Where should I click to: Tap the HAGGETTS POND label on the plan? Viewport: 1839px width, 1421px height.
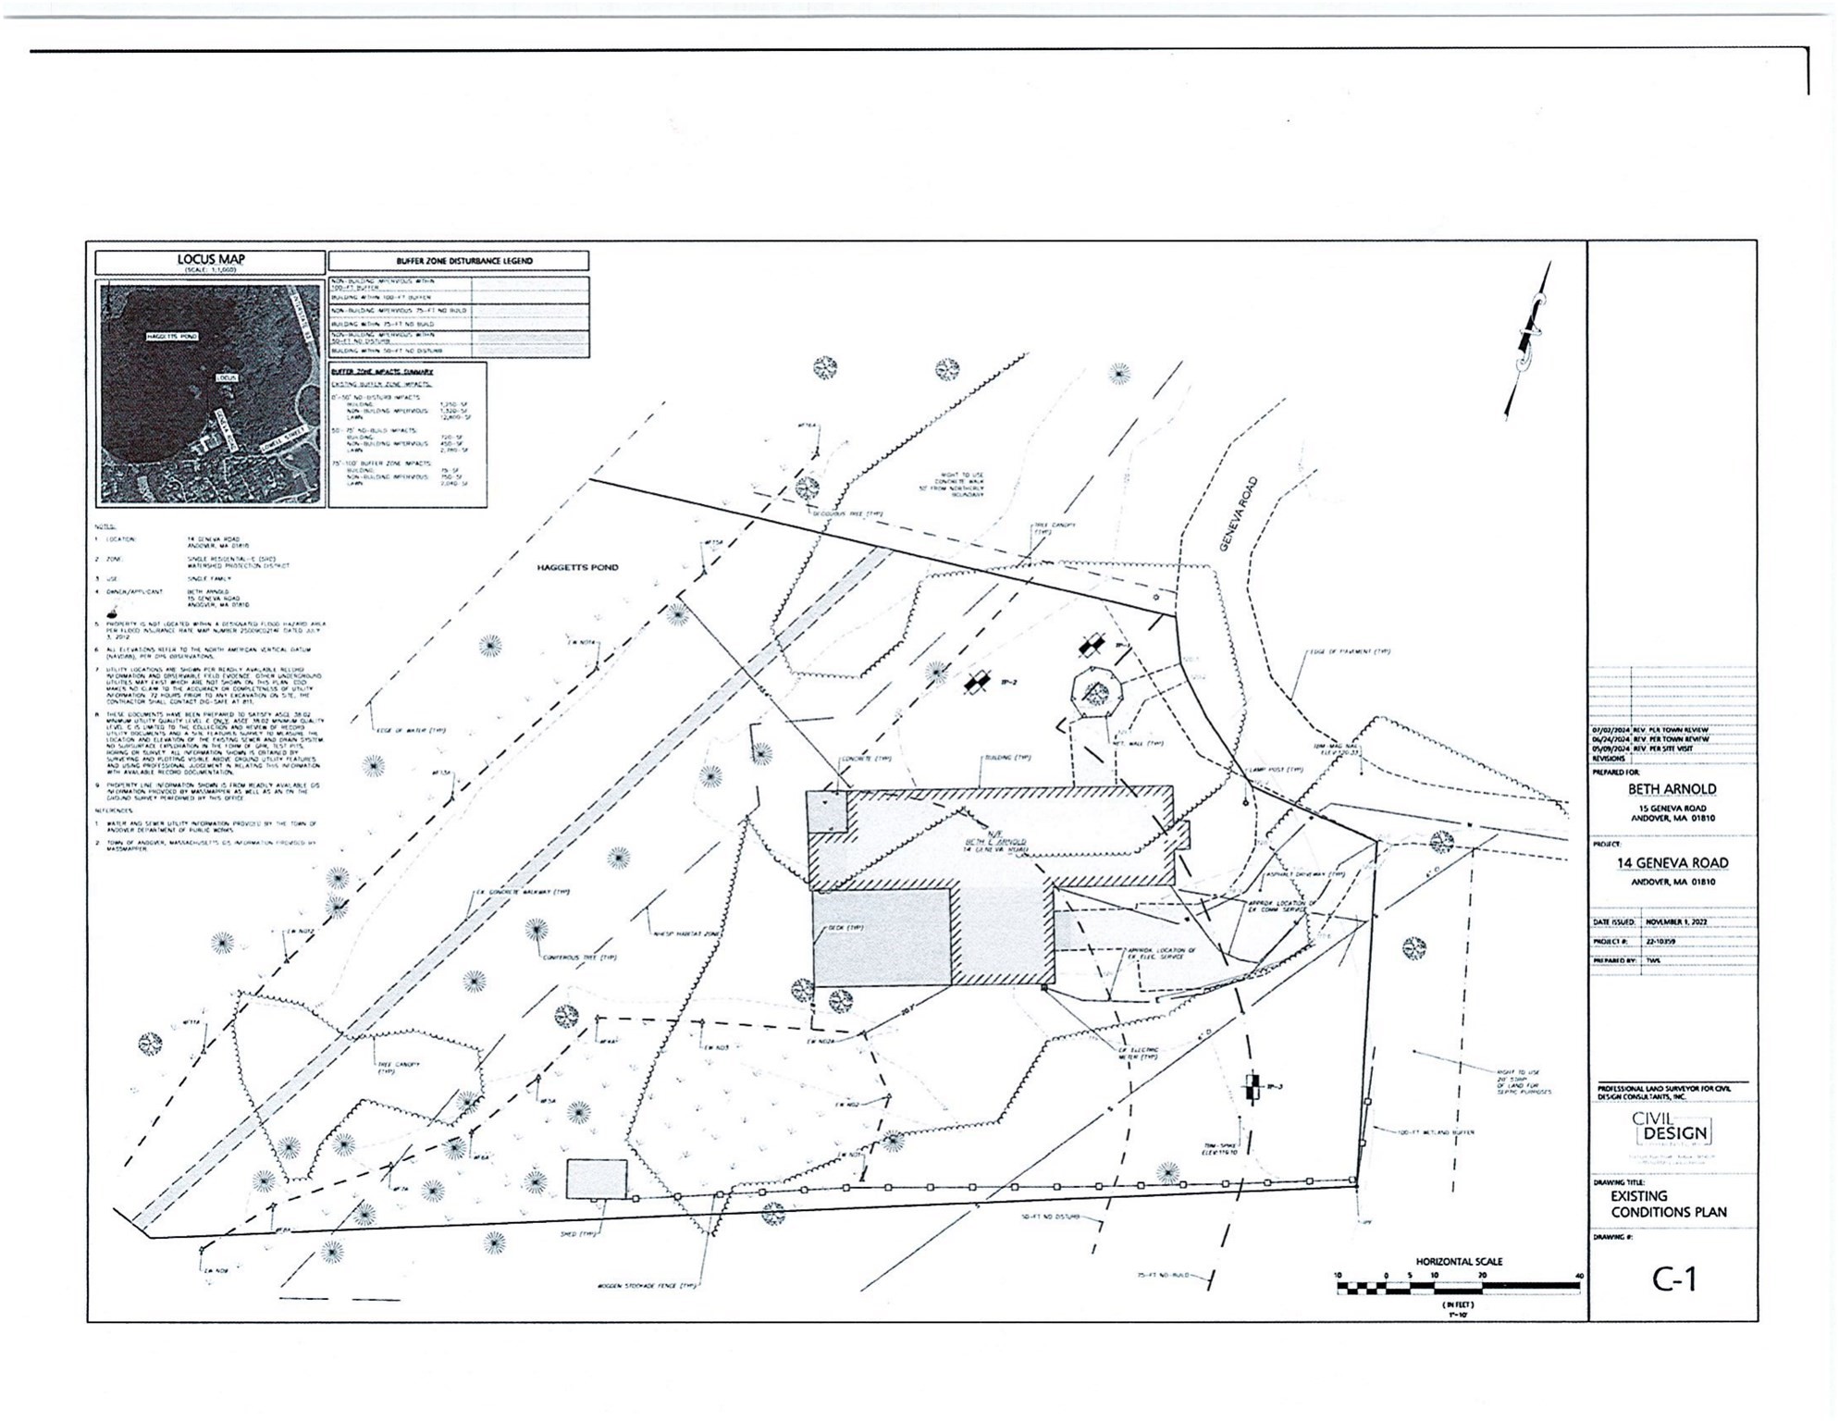[577, 567]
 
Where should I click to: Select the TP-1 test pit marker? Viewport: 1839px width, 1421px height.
[1093, 644]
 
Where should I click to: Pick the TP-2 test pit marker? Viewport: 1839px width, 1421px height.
[975, 683]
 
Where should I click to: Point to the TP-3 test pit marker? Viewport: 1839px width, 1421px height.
[1253, 1087]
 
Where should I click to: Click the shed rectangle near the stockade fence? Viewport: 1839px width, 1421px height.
[597, 1180]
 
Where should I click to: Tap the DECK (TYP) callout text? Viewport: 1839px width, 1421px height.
[845, 927]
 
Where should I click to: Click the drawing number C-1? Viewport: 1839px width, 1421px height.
[1674, 1279]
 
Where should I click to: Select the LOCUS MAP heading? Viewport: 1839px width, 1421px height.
[211, 259]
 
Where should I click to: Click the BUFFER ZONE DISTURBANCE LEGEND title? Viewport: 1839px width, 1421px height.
[458, 262]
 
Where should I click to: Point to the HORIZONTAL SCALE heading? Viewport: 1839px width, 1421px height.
[1459, 1261]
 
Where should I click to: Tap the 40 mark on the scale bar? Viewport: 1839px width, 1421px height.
[1579, 1276]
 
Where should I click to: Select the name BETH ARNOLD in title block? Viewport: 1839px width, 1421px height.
[1672, 789]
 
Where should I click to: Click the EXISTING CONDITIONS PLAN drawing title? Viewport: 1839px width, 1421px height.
[1668, 1204]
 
